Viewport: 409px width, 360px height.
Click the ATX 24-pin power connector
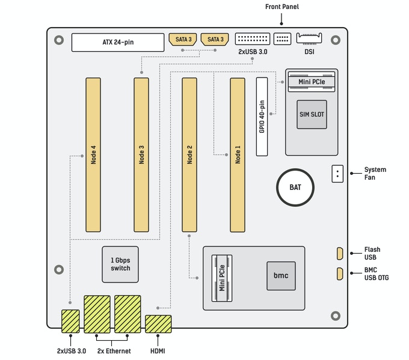(118, 42)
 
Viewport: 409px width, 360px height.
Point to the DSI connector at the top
(309, 39)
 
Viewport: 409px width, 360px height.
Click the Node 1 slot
(238, 154)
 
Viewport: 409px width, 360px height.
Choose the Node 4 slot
(93, 154)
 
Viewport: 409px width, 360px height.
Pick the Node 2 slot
(189, 154)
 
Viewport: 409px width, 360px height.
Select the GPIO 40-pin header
(262, 116)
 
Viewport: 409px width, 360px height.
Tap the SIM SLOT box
(312, 114)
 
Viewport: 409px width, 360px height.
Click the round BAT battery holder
(295, 188)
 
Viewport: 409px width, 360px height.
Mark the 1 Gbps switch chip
(120, 264)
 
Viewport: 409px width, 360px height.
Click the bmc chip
(281, 276)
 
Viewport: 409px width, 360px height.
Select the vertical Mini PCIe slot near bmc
(222, 278)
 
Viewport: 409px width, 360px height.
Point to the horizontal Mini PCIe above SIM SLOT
(312, 81)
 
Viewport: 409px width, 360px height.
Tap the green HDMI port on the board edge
(158, 324)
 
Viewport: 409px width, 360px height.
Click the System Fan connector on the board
(338, 174)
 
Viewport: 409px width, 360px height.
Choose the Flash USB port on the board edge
(339, 254)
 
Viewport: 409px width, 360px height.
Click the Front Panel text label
(281, 7)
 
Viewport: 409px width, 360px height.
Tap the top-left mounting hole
(58, 40)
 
